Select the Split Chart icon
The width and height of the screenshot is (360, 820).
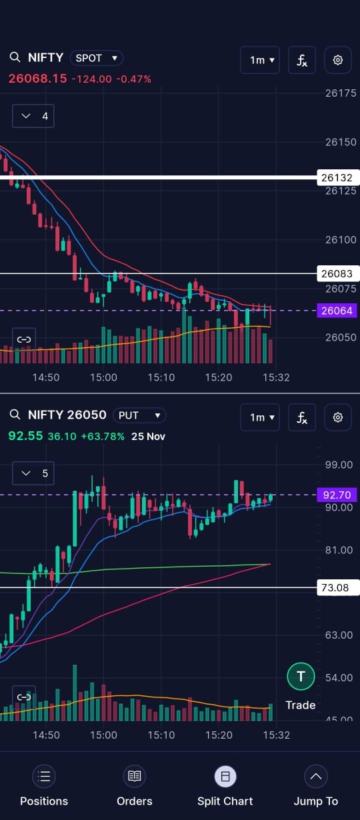point(225,777)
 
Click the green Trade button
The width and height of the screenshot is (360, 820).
point(301,677)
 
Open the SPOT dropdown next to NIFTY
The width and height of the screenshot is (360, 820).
point(97,58)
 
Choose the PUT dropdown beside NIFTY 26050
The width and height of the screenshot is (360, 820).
point(139,415)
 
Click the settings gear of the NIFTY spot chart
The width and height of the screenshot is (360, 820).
point(337,60)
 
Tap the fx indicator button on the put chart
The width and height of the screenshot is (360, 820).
point(302,417)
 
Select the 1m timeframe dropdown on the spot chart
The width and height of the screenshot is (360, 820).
point(260,60)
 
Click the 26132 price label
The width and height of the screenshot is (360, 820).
point(337,178)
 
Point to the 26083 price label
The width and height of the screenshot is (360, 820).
point(337,274)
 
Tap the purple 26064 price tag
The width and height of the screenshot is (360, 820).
point(337,311)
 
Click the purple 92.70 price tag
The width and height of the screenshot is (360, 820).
point(337,495)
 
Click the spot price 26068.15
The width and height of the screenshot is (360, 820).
point(38,79)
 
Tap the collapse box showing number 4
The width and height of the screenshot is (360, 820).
point(33,116)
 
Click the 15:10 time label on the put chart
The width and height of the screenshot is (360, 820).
point(161,735)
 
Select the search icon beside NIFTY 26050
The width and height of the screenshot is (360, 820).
point(15,415)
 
